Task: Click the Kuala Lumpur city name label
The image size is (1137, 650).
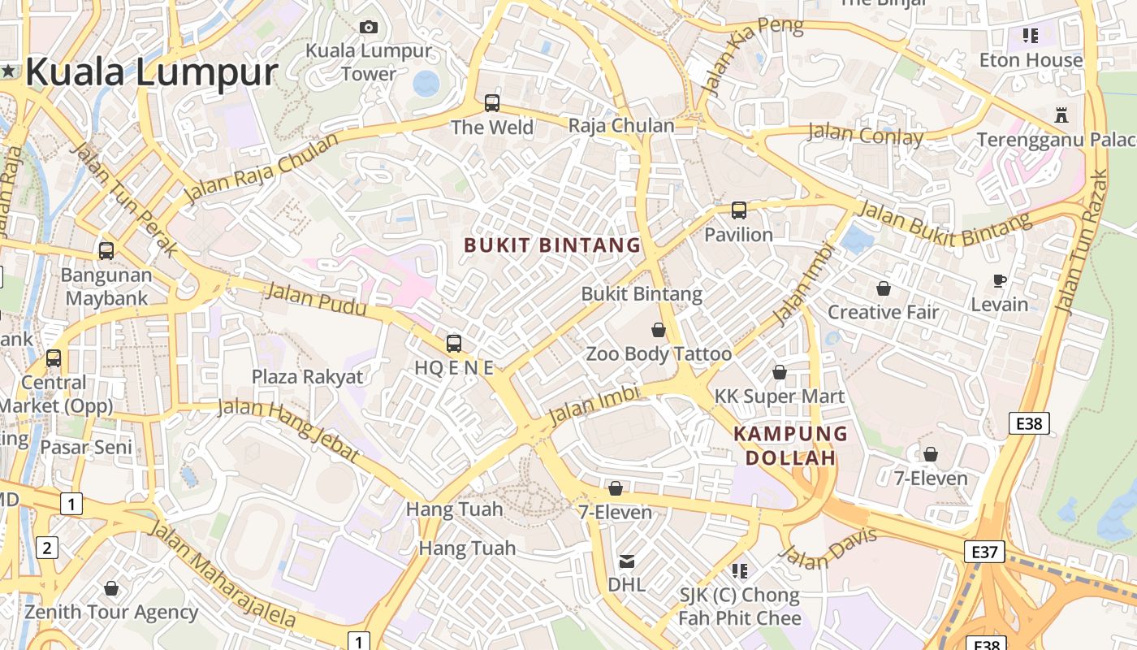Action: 152,71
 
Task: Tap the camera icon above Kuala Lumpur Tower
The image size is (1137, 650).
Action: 369,28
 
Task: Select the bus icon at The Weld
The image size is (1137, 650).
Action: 492,103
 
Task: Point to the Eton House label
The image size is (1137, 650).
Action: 1031,60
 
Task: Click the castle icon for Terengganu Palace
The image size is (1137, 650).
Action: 1061,115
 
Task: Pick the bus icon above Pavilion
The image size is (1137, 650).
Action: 739,210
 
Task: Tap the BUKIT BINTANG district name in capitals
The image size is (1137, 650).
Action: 552,245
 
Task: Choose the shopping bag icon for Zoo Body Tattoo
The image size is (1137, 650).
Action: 659,330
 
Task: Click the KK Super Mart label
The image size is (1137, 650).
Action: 780,396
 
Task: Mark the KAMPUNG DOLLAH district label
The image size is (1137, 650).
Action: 790,445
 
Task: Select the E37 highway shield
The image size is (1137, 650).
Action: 984,552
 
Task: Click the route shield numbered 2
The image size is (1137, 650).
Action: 47,548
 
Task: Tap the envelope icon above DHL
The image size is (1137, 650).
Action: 627,561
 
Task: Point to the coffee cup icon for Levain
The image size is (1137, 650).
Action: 1000,281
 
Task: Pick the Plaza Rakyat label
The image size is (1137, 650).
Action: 308,377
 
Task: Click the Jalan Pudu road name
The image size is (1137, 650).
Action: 316,298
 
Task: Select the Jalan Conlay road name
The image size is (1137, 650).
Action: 866,135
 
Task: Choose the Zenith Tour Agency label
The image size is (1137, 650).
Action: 111,612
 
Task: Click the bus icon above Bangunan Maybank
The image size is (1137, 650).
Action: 106,251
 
